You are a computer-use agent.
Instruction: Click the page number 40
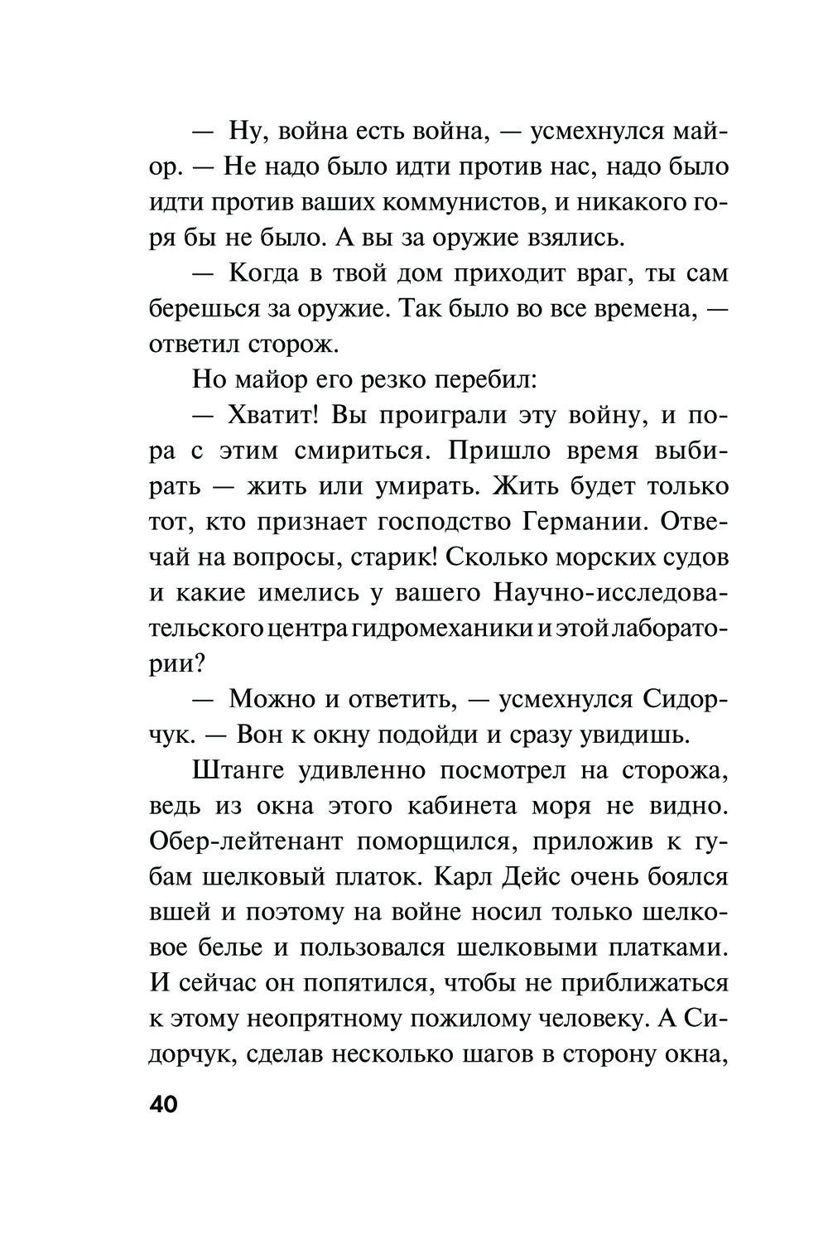pos(163,1106)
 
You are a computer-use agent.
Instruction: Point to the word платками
pos(668,947)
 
